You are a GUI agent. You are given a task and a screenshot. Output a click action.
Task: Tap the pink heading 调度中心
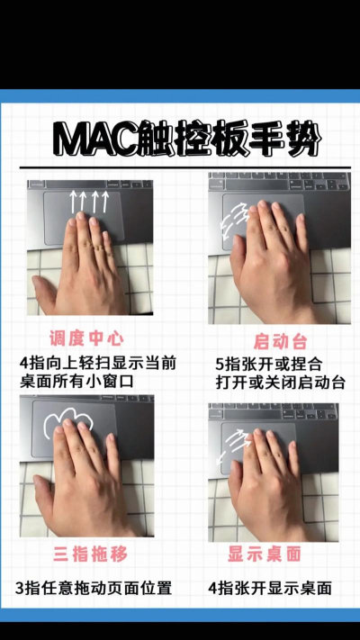86,338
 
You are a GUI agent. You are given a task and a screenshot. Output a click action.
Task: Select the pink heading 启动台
281,342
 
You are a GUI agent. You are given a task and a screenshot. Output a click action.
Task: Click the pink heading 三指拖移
90,554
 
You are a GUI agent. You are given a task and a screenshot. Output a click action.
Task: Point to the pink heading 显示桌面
265,554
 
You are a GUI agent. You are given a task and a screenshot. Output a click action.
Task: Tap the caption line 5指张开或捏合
269,364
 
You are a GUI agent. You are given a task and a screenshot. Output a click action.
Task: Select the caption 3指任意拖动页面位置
94,588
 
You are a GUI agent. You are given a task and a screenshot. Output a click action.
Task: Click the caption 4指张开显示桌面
270,588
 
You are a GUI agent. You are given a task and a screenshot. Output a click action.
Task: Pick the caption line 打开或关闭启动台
281,383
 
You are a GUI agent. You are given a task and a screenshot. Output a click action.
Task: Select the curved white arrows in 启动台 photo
233,221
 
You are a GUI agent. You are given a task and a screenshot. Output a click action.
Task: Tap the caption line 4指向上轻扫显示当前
97,363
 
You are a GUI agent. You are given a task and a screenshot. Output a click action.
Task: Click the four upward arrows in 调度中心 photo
89,202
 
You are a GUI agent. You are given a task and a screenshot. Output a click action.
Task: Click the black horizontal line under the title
184,167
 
